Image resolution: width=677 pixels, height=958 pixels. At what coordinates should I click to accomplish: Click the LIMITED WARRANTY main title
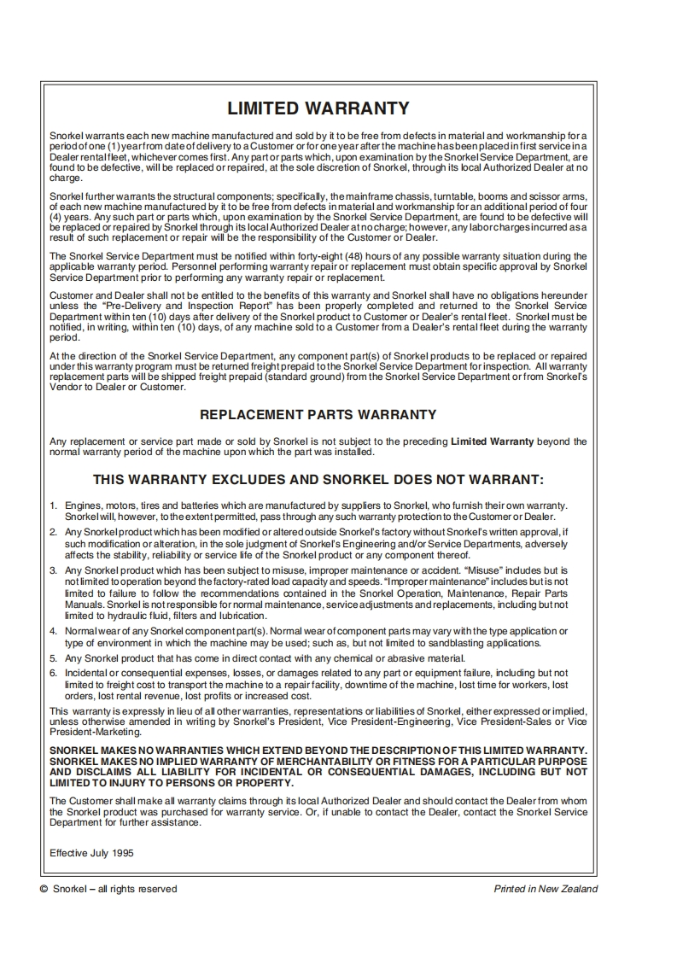point(318,108)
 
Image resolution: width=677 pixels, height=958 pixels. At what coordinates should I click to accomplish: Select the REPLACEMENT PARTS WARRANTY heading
point(318,415)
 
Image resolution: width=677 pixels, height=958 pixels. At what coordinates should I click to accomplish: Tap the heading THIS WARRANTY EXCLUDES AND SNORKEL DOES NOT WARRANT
point(318,480)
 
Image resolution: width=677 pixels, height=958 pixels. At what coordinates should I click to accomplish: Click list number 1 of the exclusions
point(53,506)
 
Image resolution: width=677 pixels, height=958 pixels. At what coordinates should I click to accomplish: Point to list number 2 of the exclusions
point(53,532)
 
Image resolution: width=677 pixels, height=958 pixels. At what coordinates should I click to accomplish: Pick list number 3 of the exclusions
point(53,570)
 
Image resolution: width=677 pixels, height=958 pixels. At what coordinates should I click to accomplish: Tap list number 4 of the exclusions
point(53,631)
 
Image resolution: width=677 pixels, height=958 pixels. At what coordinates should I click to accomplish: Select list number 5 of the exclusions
point(53,658)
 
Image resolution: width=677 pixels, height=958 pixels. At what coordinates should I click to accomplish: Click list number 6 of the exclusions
point(53,674)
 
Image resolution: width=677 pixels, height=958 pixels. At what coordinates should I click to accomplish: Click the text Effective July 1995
point(91,853)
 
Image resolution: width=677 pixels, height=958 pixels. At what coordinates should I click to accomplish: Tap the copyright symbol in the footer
point(44,890)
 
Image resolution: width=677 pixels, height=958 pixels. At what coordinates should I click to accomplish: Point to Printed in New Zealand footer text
point(546,889)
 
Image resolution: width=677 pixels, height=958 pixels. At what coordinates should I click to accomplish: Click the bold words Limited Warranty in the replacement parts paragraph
point(492,441)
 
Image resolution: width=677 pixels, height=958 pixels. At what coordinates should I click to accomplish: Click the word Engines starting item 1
point(84,506)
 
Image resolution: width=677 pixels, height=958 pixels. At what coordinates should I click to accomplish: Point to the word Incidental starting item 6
point(88,674)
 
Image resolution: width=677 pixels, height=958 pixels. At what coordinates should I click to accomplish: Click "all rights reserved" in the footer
point(137,889)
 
